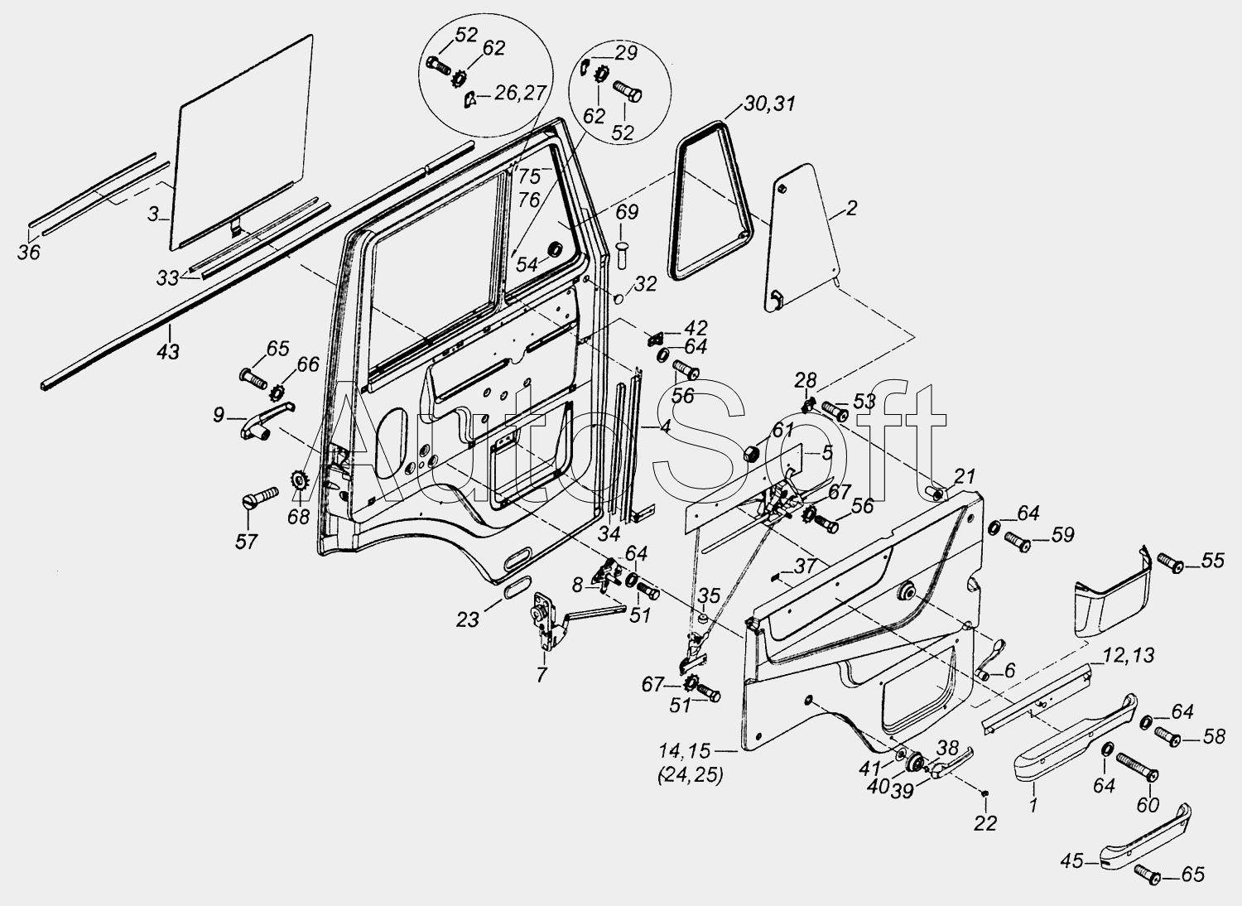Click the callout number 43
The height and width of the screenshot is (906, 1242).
point(169,351)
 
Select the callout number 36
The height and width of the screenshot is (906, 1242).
point(29,253)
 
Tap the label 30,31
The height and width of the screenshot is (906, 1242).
point(769,104)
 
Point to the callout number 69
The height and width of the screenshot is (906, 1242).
point(627,211)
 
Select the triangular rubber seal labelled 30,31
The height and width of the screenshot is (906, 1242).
point(710,200)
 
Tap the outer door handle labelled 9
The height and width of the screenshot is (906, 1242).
point(266,420)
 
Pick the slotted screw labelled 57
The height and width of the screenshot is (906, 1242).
point(259,497)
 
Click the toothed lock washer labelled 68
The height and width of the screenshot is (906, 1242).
point(299,480)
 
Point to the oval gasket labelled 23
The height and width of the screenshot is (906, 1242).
point(517,586)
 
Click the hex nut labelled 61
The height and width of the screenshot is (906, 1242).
point(754,455)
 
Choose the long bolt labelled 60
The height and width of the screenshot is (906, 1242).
point(1136,767)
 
